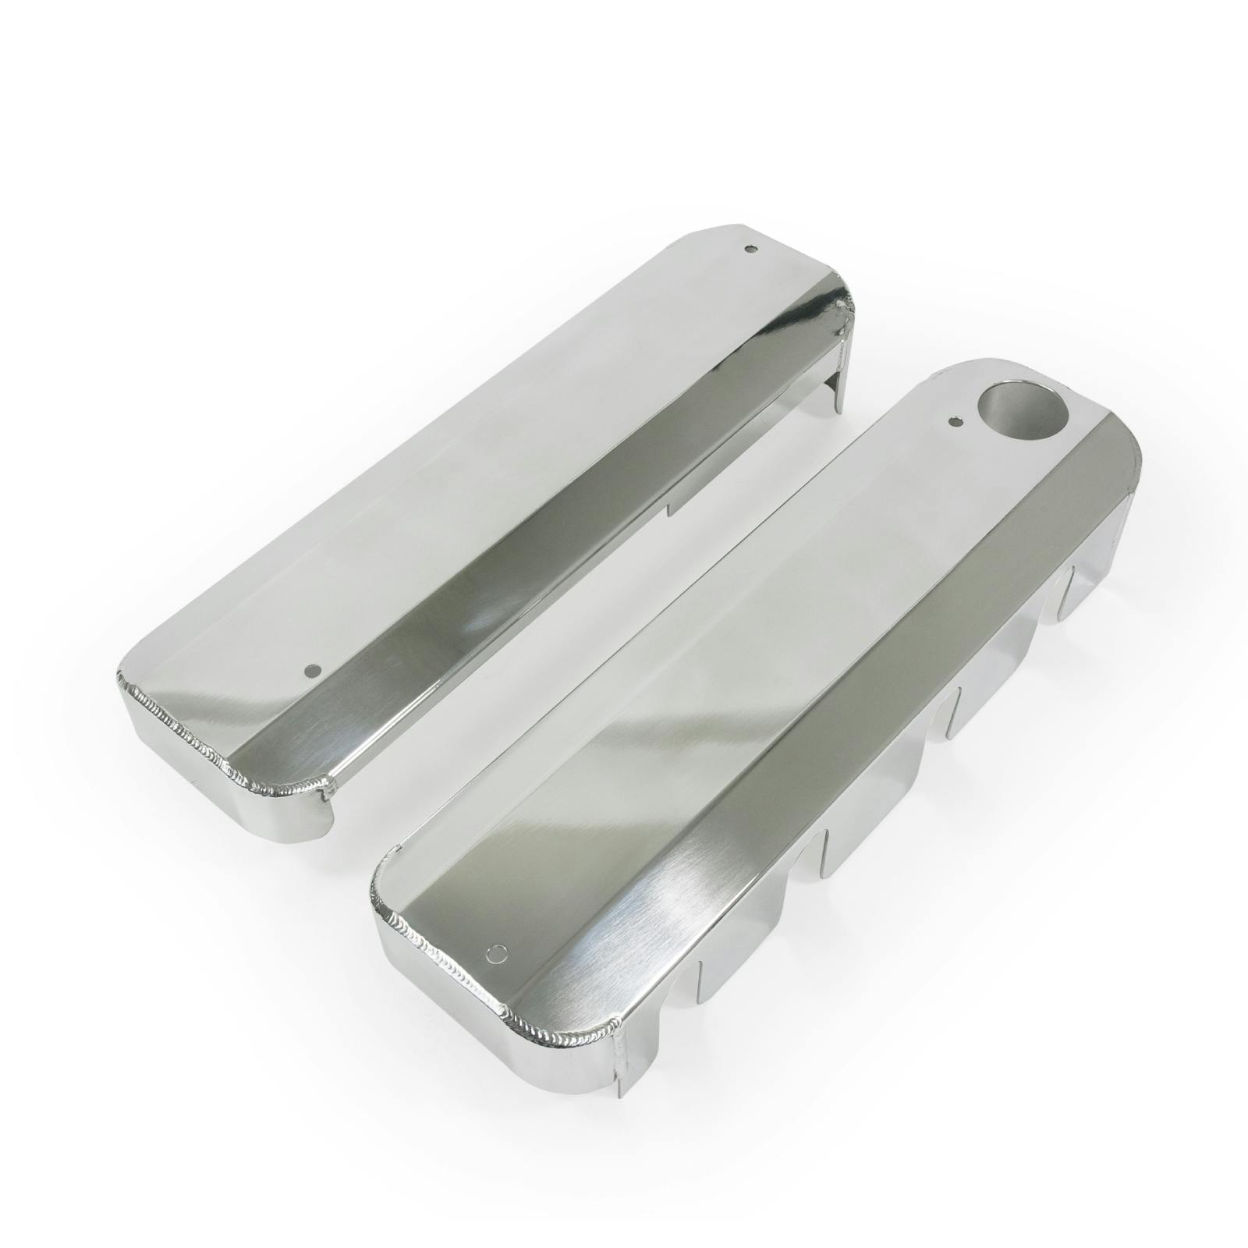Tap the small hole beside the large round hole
click(x=953, y=422)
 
